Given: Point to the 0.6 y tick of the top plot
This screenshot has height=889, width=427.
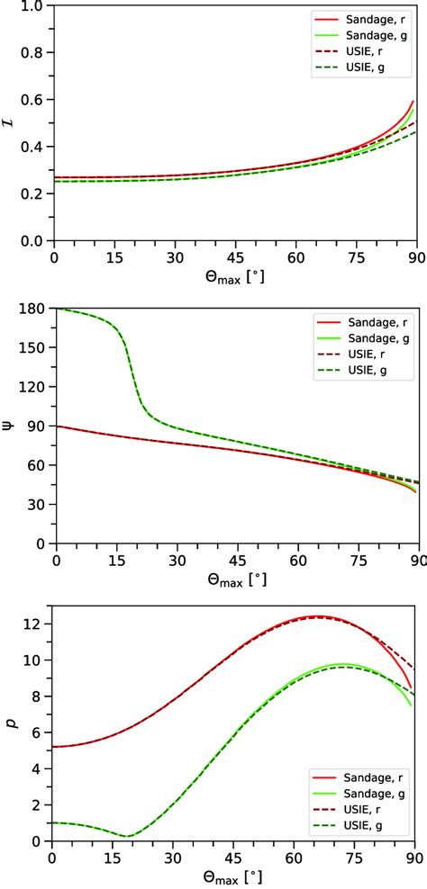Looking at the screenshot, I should click(33, 100).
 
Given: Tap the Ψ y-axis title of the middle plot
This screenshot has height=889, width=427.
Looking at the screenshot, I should click(8, 426).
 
